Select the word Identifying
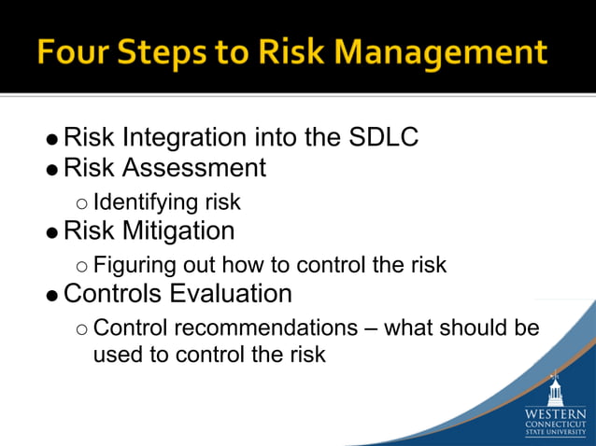(x=146, y=202)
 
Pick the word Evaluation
(x=231, y=294)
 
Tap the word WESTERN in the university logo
(x=556, y=412)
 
